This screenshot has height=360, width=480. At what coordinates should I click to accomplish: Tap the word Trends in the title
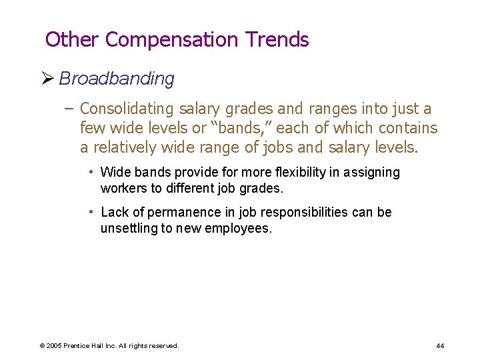pyautogui.click(x=278, y=40)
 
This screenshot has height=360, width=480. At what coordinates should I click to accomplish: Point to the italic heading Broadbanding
pyautogui.click(x=117, y=79)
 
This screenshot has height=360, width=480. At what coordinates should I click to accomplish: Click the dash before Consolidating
pyautogui.click(x=70, y=109)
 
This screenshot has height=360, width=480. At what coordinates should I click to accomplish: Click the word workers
pyautogui.click(x=124, y=188)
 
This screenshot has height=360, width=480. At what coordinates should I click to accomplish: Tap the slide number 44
pyautogui.click(x=440, y=345)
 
